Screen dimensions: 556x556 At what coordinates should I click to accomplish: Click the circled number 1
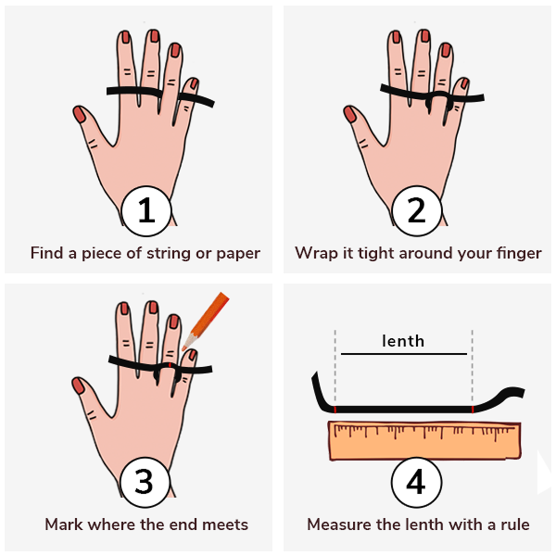click(146, 211)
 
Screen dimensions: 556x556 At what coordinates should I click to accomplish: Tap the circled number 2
click(417, 211)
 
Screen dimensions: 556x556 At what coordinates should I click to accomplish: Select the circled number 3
click(145, 482)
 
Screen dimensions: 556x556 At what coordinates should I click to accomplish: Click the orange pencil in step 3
click(205, 321)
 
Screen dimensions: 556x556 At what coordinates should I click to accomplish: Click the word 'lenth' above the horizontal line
click(403, 341)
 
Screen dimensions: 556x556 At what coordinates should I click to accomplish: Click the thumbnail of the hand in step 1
click(80, 114)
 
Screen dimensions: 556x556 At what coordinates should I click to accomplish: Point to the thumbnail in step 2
click(350, 114)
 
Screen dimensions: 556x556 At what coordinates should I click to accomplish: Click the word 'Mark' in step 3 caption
click(64, 524)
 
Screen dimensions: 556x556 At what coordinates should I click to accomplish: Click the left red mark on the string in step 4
click(335, 409)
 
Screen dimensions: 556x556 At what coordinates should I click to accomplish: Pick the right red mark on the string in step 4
click(473, 409)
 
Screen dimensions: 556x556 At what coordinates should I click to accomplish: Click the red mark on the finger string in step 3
click(169, 365)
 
